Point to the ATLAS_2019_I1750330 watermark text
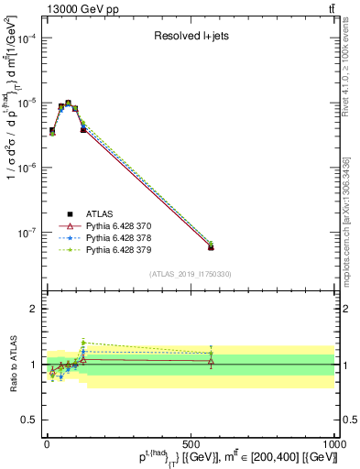tap(190, 274)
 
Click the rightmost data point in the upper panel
tap(212, 246)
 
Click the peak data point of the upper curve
tap(69, 104)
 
